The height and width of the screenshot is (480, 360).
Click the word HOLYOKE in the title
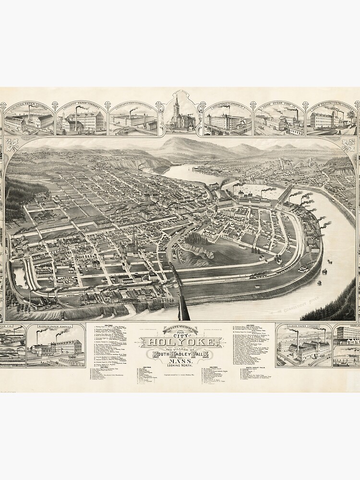[x=180, y=342]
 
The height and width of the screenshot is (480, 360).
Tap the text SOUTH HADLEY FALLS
[x=180, y=354]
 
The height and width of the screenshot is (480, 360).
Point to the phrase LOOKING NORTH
[x=180, y=372]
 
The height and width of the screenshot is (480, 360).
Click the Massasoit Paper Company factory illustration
[x=81, y=120]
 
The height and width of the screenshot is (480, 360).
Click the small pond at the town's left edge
[x=20, y=277]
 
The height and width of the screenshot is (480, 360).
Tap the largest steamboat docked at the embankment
[x=303, y=269]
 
